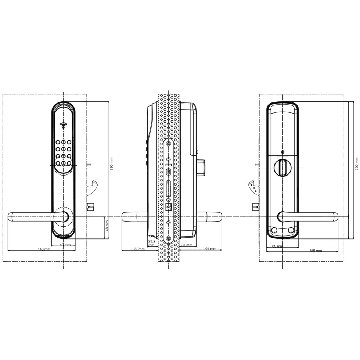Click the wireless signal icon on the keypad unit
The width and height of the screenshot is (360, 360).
point(64,126)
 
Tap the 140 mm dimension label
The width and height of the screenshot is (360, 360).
point(44,249)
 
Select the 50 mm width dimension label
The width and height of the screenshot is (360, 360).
point(65,245)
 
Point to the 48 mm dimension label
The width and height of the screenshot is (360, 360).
point(107,226)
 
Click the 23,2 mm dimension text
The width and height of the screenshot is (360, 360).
point(151,243)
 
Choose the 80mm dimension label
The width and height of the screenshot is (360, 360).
point(139,249)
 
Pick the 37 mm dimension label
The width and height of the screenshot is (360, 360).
point(187,245)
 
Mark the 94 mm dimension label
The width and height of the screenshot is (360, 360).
point(210,249)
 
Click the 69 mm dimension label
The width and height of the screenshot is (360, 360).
point(277,246)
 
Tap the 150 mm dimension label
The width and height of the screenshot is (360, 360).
point(316,251)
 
